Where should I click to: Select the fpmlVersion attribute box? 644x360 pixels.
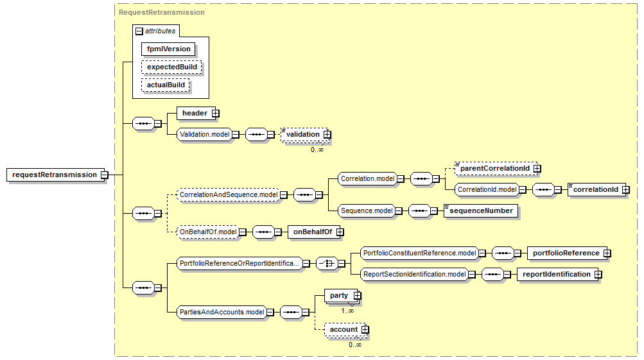pyautogui.click(x=168, y=49)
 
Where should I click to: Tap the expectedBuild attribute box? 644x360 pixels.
pyautogui.click(x=171, y=67)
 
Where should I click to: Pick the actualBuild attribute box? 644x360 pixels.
pyautogui.click(x=166, y=85)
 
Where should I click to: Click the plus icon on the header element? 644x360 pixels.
pyautogui.click(x=216, y=114)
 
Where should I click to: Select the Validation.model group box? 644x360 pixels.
pyautogui.click(x=204, y=134)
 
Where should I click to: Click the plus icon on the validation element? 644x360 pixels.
pyautogui.click(x=327, y=134)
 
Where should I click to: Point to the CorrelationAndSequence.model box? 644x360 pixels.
pyautogui.click(x=228, y=194)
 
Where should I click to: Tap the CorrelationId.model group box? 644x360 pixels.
pyautogui.click(x=486, y=189)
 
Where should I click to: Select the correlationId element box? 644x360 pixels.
pyautogui.click(x=595, y=189)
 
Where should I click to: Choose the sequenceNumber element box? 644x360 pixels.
pyautogui.click(x=482, y=210)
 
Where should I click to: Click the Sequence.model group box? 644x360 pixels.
pyautogui.click(x=366, y=210)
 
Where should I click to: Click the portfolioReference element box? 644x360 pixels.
pyautogui.click(x=565, y=253)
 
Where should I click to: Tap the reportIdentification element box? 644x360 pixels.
pyautogui.click(x=556, y=274)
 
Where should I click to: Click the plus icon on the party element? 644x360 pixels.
pyautogui.click(x=358, y=295)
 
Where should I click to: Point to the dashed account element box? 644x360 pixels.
pyautogui.click(x=344, y=330)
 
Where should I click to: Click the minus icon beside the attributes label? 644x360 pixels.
pyautogui.click(x=139, y=31)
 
